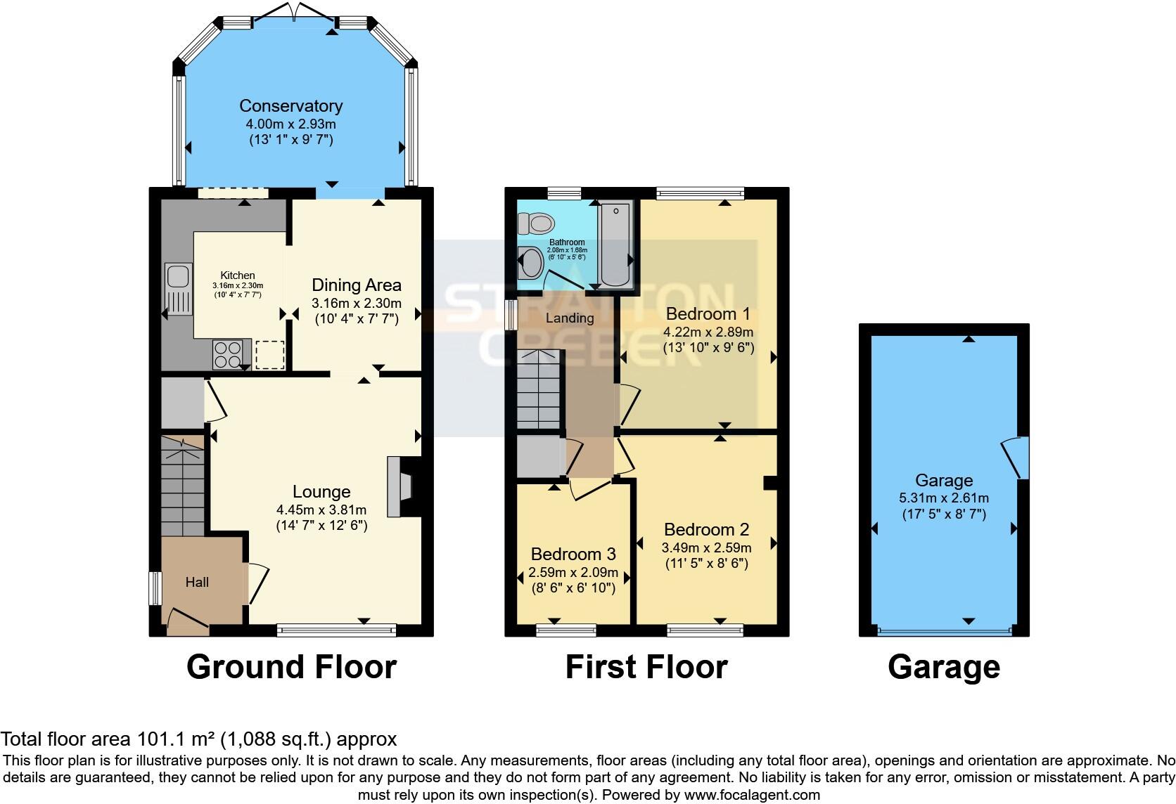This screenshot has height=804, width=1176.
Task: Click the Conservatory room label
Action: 290,106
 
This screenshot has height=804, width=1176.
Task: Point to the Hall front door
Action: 186,621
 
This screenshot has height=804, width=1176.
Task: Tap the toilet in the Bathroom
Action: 535,224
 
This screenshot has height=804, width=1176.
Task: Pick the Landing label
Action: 570,318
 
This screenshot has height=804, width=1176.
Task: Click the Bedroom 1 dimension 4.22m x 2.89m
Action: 708,332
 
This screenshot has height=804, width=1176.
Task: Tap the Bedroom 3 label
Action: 573,554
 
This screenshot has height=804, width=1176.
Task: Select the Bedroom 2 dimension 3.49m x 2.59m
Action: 706,547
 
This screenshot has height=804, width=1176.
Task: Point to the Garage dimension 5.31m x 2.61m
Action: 944,498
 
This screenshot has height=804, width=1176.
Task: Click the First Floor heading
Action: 646,666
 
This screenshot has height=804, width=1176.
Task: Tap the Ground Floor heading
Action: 291,666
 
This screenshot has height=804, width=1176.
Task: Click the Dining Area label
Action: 356,285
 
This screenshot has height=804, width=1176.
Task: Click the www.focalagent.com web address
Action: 751,795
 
